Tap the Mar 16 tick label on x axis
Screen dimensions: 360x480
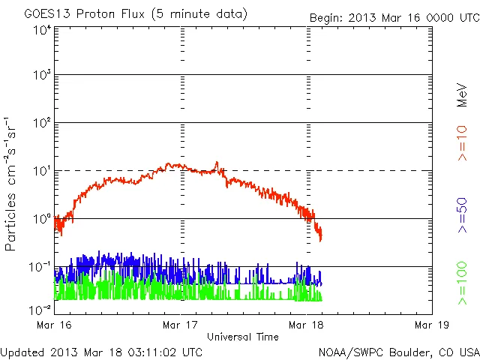point(55,325)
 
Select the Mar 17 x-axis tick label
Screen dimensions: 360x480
point(181,325)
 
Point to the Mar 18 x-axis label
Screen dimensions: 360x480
point(306,325)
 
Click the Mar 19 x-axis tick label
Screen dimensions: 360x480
point(432,325)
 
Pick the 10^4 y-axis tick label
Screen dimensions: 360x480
point(41,30)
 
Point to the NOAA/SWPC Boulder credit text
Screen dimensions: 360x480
point(398,352)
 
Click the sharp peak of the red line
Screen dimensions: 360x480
point(217,162)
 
